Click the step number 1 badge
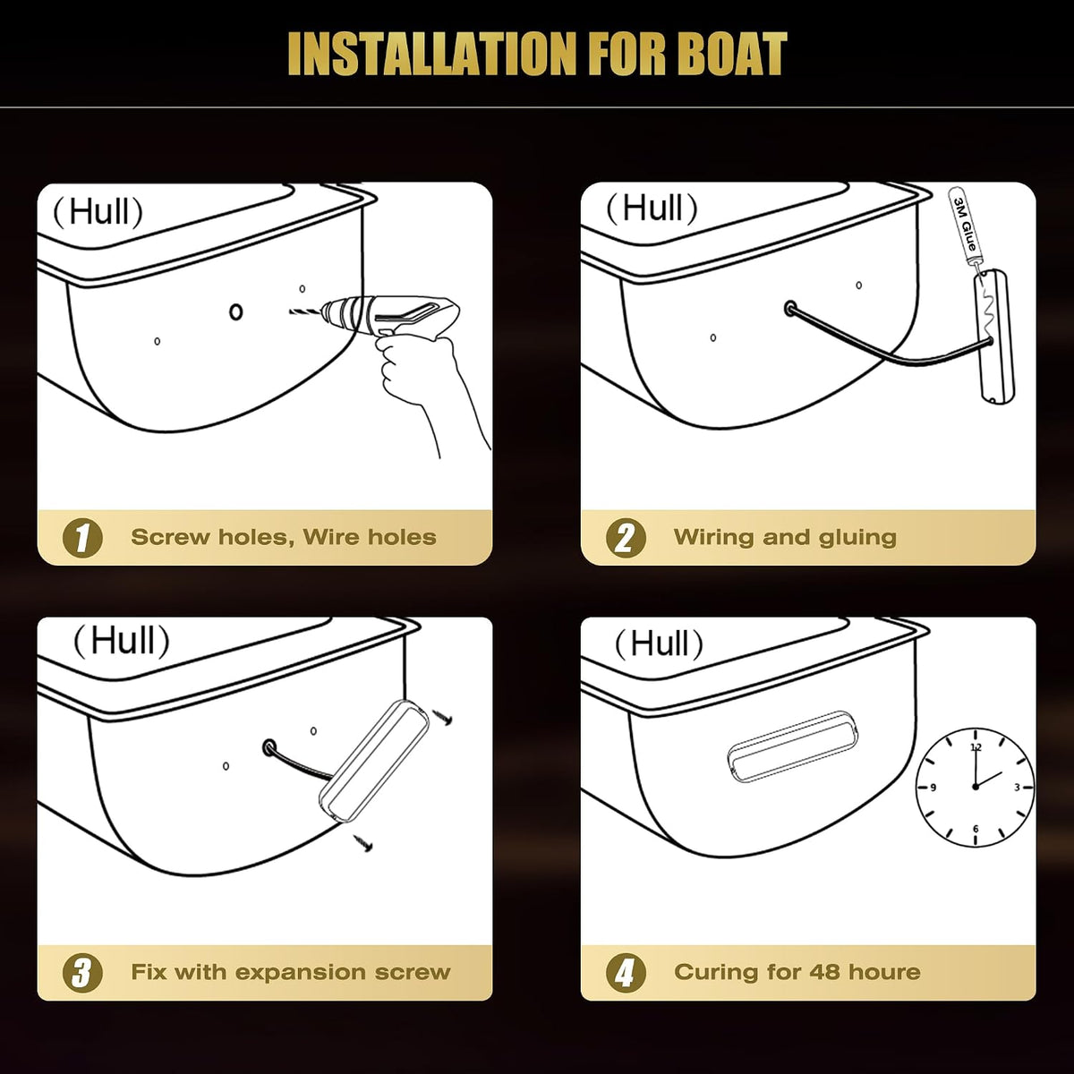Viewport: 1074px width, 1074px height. click(82, 538)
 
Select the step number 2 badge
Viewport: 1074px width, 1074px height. click(626, 538)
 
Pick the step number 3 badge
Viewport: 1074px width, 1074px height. click(82, 973)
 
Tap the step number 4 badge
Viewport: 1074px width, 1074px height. click(626, 973)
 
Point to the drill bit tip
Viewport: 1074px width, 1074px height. click(290, 312)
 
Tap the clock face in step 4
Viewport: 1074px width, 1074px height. click(975, 787)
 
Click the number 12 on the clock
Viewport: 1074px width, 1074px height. click(976, 747)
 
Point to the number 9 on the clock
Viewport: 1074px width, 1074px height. click(933, 788)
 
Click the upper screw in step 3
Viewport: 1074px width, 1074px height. click(442, 718)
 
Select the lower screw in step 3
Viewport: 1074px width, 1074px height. click(362, 843)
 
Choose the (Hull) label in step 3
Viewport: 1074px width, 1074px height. click(122, 641)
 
